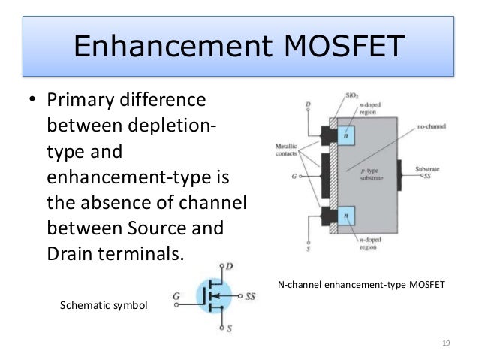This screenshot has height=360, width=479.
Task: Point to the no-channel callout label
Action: click(430, 128)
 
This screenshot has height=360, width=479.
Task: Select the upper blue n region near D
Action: click(346, 135)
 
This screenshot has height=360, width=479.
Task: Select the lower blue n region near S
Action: click(346, 216)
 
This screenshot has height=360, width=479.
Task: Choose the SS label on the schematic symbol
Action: click(252, 295)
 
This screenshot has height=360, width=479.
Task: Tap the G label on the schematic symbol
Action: click(176, 295)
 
